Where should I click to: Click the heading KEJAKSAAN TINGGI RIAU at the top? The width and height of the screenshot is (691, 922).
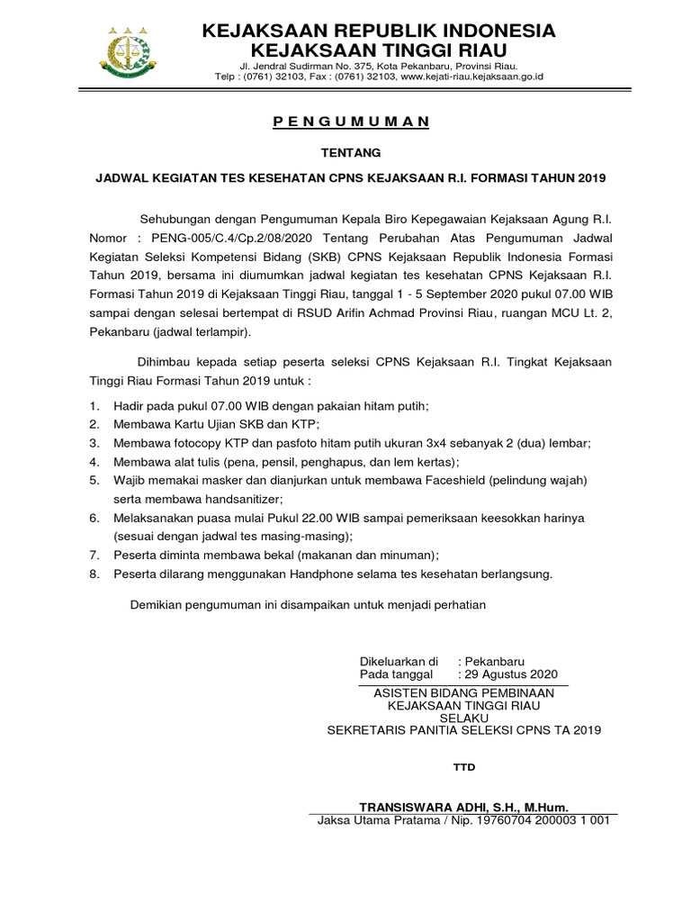378,49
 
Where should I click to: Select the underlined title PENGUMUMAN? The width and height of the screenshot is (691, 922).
352,122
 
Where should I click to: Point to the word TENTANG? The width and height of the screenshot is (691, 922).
352,153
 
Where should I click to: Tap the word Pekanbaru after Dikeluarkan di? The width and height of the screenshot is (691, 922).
495,660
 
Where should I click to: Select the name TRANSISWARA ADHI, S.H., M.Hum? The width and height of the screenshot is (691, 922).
463,808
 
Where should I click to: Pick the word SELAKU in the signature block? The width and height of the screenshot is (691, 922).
463,717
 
